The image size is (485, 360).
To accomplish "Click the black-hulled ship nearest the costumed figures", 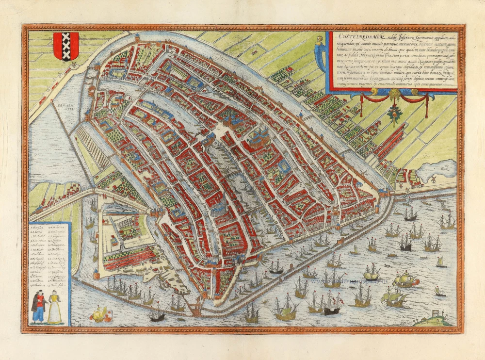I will point(157,316).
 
